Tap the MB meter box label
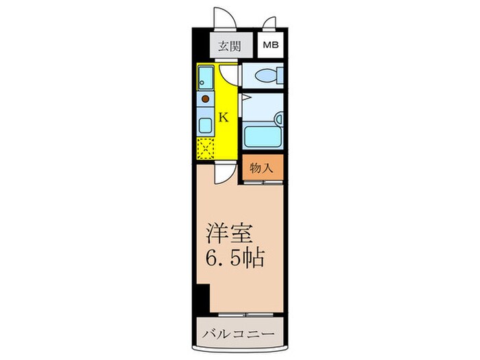point(269,47)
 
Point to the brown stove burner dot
point(205,100)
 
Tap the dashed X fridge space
point(205,147)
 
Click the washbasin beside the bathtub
point(278,118)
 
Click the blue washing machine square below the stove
point(205,125)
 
